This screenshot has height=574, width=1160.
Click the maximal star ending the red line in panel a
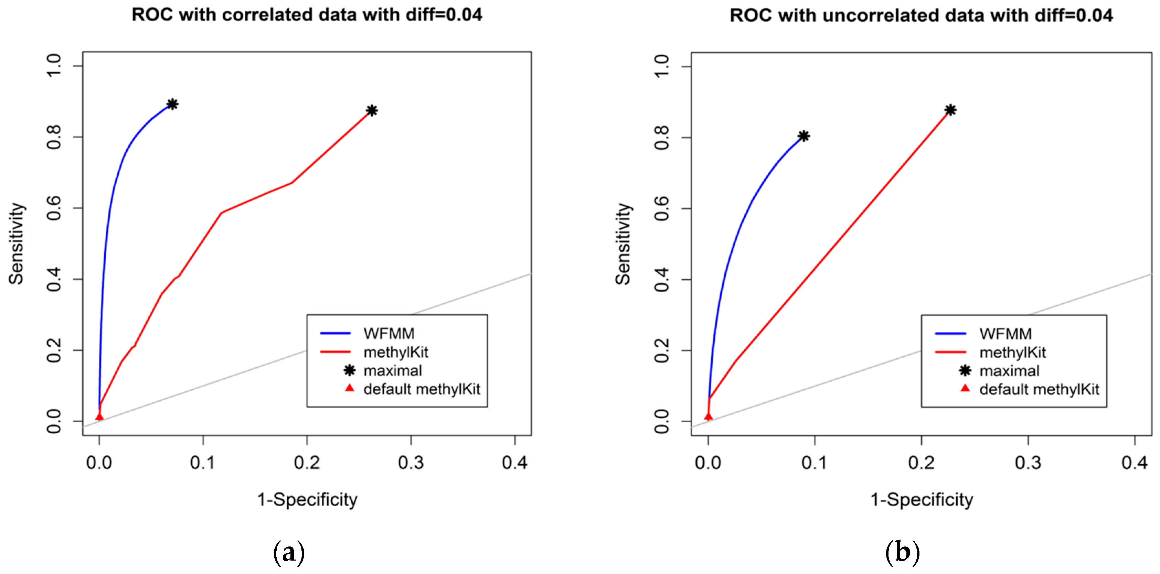tap(372, 110)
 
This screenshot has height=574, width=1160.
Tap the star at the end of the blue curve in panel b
tap(804, 136)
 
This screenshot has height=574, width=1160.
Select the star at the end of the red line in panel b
tap(950, 110)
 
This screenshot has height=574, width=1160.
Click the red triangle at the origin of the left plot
tap(99, 417)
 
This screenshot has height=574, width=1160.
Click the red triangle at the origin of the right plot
tap(708, 416)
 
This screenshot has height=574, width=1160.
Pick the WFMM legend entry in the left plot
tap(389, 334)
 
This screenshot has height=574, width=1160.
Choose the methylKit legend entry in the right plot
tap(1012, 352)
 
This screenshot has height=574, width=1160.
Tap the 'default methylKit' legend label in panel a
tap(422, 389)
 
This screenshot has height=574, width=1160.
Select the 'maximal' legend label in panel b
tap(1009, 370)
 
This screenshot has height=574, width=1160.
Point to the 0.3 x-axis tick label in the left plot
tap(411, 462)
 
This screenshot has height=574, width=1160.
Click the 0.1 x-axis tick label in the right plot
tap(814, 462)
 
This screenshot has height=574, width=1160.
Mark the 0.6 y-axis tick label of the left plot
tap(54, 208)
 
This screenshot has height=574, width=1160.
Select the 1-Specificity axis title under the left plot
tap(307, 500)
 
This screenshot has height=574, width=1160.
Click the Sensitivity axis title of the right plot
tap(623, 243)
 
